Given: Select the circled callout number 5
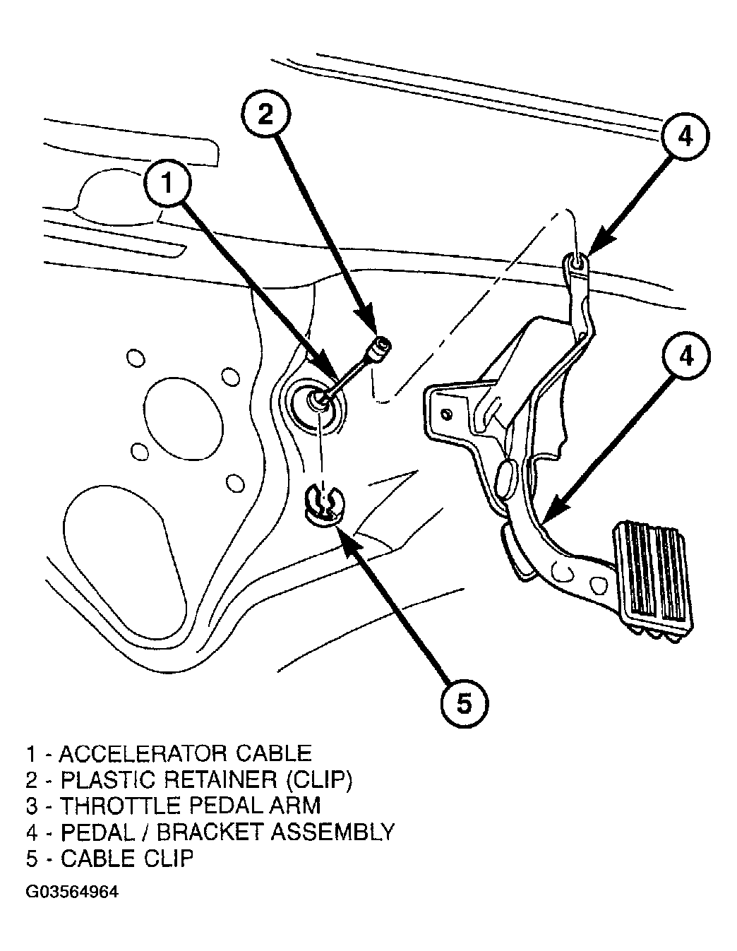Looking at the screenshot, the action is pos(465,704).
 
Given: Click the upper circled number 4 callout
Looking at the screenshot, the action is pos(685,137).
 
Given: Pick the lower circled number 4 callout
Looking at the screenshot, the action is pos(685,357).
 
